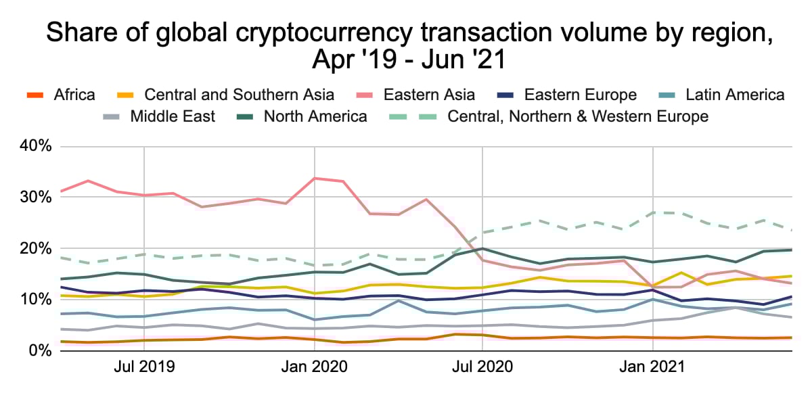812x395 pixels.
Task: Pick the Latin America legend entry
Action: point(734,95)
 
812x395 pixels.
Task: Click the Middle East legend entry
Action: point(173,116)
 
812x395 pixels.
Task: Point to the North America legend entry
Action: point(315,116)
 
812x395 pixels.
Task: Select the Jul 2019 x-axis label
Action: point(144,368)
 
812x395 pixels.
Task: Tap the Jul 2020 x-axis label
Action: point(482,368)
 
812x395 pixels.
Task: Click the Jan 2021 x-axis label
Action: point(653,368)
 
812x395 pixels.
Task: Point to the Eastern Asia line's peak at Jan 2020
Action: point(315,179)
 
